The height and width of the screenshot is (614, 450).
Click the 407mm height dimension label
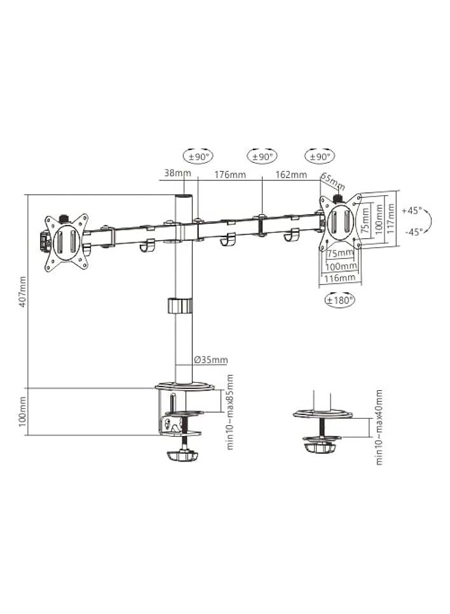(x=23, y=292)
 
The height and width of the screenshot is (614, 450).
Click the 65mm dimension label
(x=332, y=182)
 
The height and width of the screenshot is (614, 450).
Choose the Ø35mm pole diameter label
(x=210, y=360)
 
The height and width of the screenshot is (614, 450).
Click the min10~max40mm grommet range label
(x=379, y=426)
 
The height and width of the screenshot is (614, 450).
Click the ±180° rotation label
(x=339, y=300)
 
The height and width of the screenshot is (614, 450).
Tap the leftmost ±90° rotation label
(x=198, y=156)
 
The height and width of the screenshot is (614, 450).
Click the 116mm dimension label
(x=339, y=278)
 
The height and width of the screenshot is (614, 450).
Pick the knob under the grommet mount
(x=322, y=447)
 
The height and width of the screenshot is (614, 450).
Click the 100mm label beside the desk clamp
(x=23, y=412)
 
